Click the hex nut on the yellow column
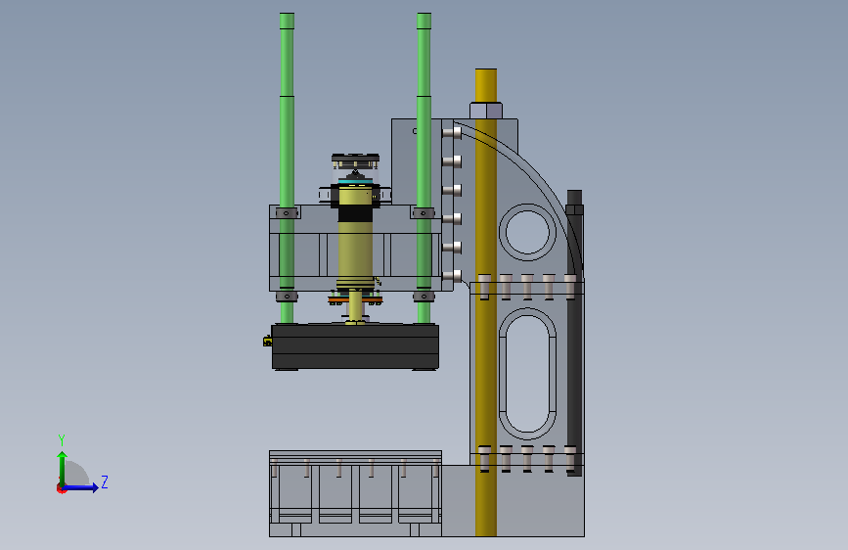486,111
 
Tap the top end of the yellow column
486,70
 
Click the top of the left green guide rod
287,15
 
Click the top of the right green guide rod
424,15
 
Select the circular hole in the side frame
527,232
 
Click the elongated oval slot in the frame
527,374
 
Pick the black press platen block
355,346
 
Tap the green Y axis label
62,439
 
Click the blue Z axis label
105,481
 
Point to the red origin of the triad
61,488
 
